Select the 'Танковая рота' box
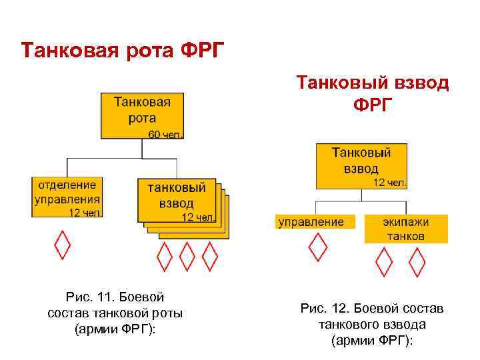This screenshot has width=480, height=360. click(x=142, y=115)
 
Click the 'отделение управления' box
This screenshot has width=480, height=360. click(x=67, y=197)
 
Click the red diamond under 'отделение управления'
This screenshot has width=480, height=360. click(x=62, y=245)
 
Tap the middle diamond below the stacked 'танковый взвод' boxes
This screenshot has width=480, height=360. click(x=187, y=256)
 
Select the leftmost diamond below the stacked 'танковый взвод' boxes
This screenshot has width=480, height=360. click(x=164, y=256)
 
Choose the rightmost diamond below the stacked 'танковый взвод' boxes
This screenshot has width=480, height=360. click(x=210, y=256)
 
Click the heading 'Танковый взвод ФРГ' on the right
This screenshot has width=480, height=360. click(x=373, y=93)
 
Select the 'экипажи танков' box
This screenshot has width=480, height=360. click(x=405, y=229)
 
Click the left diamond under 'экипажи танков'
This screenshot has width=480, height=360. click(x=385, y=262)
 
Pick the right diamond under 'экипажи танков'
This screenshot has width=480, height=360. click(x=417, y=262)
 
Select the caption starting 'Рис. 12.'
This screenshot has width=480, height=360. click(x=372, y=324)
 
